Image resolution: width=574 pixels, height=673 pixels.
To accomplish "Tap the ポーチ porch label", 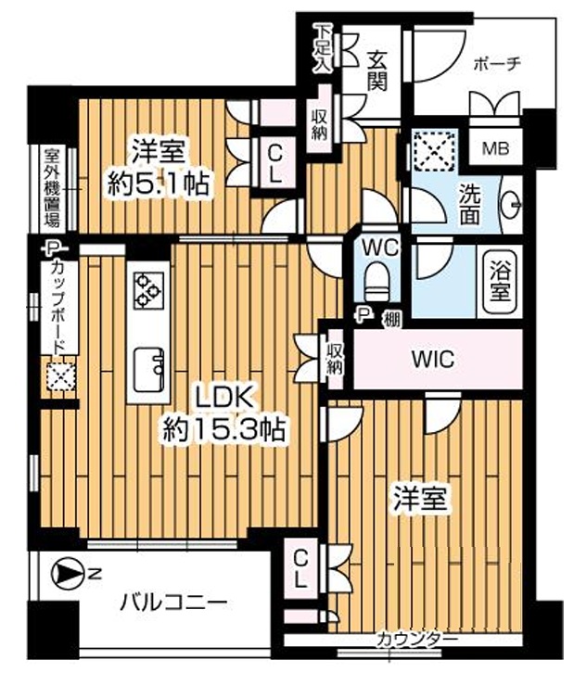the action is click(497, 65).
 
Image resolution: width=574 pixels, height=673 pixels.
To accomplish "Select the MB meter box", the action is click(496, 148).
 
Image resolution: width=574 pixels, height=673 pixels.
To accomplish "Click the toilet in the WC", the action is click(376, 281).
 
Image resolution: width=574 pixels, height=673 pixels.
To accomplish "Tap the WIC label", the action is click(433, 359).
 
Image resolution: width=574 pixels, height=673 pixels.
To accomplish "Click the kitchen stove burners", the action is click(148, 290).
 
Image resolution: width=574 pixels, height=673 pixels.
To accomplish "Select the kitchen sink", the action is click(149, 369).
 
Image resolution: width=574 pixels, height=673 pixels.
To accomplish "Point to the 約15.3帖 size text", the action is click(223, 429).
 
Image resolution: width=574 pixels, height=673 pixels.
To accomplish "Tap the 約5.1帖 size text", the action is click(159, 184).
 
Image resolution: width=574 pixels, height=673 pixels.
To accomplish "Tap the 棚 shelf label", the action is click(392, 319).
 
